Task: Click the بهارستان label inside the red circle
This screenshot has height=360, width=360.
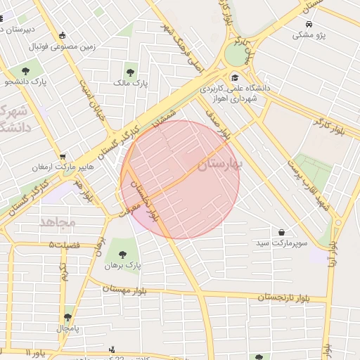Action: pyautogui.click(x=219, y=165)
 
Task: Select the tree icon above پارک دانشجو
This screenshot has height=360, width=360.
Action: pyautogui.click(x=26, y=70)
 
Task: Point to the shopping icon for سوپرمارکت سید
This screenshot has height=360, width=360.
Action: pyautogui.click(x=281, y=231)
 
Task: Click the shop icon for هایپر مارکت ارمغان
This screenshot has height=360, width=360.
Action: pyautogui.click(x=63, y=157)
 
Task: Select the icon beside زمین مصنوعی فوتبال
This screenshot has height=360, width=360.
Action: pyautogui.click(x=63, y=35)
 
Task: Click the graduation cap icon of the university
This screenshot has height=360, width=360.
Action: pyautogui.click(x=234, y=77)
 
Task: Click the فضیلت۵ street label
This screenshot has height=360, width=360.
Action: pyautogui.click(x=65, y=244)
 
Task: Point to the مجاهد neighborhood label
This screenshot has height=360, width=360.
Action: pyautogui.click(x=58, y=222)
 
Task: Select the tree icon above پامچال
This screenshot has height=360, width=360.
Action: pyautogui.click(x=67, y=317)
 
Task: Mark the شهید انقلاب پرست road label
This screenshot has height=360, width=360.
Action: pyautogui.click(x=312, y=186)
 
